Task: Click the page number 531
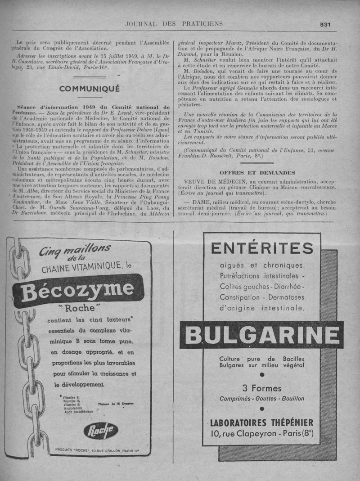tap(325, 25)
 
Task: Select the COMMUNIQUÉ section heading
tap(90, 89)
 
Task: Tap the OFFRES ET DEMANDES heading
tap(257, 172)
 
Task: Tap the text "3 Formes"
tap(261, 388)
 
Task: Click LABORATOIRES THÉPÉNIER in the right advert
tap(261, 423)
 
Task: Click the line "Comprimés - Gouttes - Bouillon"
tap(261, 399)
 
